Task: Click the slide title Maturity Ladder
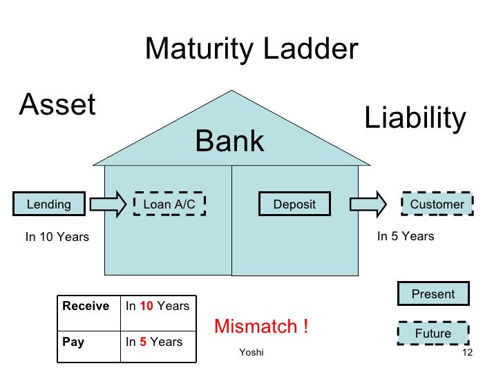pos(251,50)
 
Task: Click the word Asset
pos(57,106)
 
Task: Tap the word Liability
pos(415,118)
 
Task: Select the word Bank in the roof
pos(229,142)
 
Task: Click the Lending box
pos(49,204)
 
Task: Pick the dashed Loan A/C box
pos(169,204)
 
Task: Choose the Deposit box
pos(294,204)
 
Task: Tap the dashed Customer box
pos(437,204)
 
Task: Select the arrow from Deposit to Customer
pos(368,204)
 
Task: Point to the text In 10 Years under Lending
pos(57,238)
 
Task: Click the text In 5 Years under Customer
pos(406,237)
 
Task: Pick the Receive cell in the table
pos(86,306)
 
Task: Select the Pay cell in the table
pos(74,342)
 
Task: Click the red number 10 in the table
pos(146,306)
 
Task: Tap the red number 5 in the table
pos(142,342)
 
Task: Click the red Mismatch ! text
pos(261,327)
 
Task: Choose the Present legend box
pos(433,294)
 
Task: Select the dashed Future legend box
pos(433,333)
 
